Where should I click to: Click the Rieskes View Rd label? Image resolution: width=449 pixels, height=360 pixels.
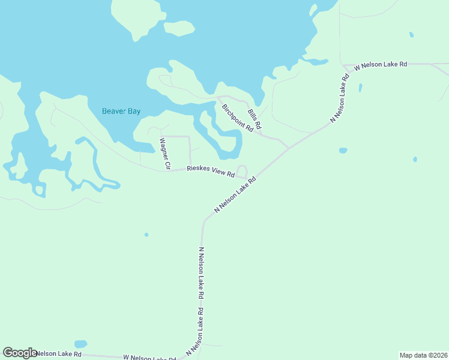pyautogui.click(x=210, y=171)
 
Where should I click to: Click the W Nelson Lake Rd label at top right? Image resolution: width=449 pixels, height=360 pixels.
pyautogui.click(x=381, y=64)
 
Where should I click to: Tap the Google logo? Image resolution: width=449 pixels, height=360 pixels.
pyautogui.click(x=20, y=353)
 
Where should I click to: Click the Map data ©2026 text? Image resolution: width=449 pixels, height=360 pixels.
pyautogui.click(x=423, y=355)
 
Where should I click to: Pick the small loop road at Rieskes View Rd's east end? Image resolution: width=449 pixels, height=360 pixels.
pyautogui.click(x=242, y=172)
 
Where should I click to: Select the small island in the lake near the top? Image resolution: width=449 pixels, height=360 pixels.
pyautogui.click(x=179, y=28)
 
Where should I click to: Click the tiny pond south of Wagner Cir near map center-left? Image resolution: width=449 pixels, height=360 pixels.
pyautogui.click(x=146, y=234)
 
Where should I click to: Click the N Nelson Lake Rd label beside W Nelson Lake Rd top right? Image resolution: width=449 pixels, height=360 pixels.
pyautogui.click(x=339, y=99)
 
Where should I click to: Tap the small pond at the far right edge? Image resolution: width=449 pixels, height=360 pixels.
pyautogui.click(x=415, y=159)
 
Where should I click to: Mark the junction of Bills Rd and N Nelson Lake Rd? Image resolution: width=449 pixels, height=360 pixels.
pyautogui.click(x=289, y=148)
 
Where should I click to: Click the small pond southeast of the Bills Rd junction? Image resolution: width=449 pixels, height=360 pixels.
pyautogui.click(x=343, y=150)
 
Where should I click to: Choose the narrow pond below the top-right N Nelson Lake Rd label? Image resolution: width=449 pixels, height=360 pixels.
pyautogui.click(x=360, y=88)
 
